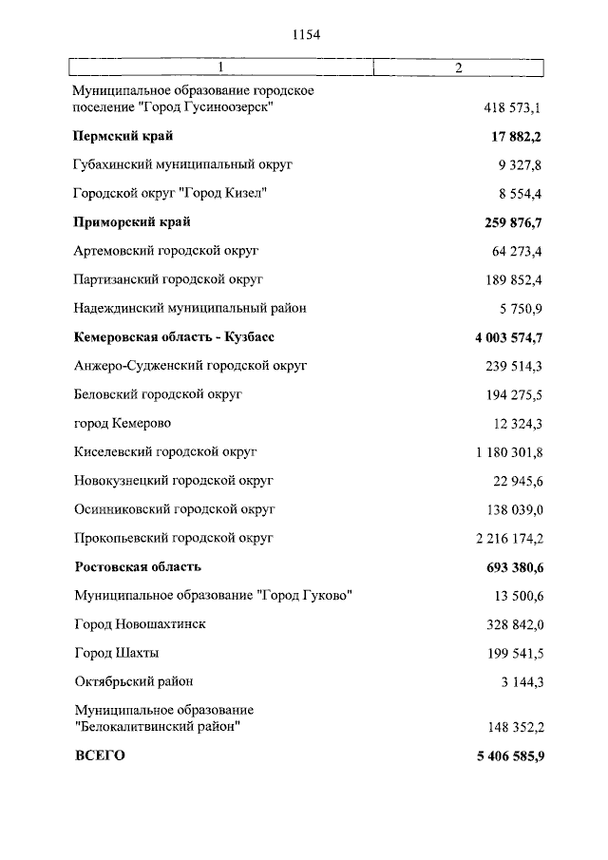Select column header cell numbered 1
(220, 67)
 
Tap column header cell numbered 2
(458, 67)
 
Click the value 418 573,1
(513, 107)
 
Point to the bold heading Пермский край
(123, 137)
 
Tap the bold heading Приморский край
(132, 222)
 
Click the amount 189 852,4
(513, 279)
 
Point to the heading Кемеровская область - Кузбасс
(175, 337)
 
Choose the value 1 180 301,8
(508, 452)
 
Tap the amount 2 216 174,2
(508, 538)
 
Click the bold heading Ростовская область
(138, 567)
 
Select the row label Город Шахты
(116, 653)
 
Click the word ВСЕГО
(99, 756)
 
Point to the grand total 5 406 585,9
(507, 756)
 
